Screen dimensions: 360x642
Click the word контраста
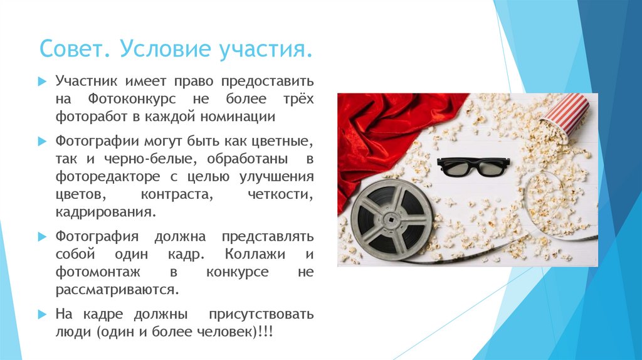tap(177, 195)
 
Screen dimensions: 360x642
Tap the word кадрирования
tap(105, 212)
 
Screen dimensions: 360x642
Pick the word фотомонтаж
tap(97, 273)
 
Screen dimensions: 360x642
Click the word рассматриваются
tap(117, 290)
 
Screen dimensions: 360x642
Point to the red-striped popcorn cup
tap(565, 115)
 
